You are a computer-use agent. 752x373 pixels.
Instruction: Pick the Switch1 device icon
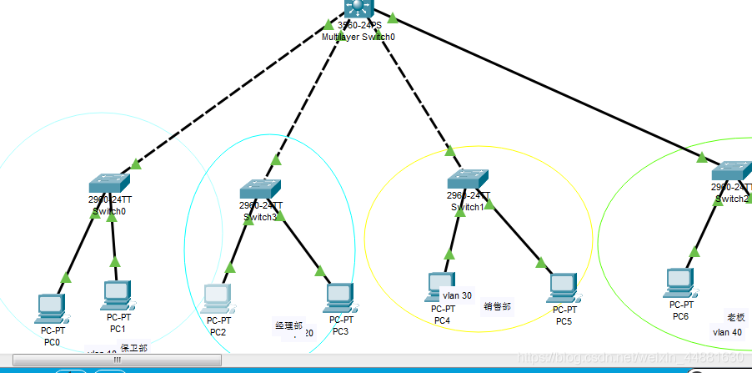467,179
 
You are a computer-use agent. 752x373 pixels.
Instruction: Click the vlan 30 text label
457,295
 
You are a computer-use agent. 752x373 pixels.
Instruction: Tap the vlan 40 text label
727,332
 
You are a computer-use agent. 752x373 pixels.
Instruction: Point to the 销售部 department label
497,306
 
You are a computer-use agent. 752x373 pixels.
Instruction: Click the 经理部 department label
288,325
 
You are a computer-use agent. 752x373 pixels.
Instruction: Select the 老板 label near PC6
736,317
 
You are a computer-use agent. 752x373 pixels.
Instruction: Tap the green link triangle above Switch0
136,164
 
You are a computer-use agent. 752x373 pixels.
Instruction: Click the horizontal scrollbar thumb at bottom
117,360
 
